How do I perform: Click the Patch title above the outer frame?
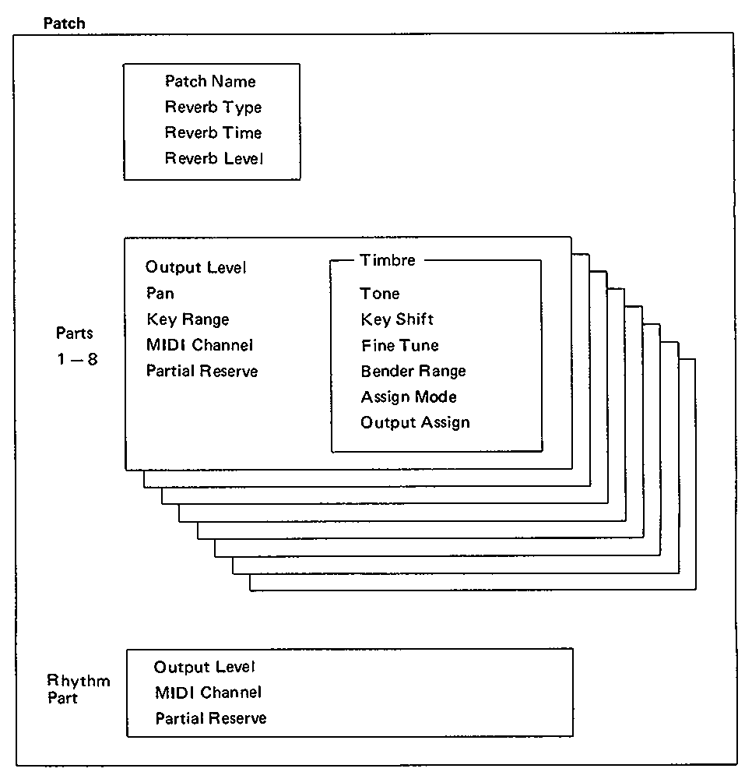64,23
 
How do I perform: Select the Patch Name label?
210,81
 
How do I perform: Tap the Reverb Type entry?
213,108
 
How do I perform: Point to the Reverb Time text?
213,132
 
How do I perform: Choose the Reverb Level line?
214,158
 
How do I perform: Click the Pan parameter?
160,293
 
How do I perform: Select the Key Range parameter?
188,319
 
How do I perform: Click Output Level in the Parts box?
195,267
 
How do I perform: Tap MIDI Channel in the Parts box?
199,345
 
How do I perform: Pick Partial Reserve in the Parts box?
202,371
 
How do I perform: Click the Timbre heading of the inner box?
388,260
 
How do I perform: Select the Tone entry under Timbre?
380,294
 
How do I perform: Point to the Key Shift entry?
397,319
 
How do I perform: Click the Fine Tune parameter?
400,345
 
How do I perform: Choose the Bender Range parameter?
413,371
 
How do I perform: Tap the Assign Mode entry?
409,397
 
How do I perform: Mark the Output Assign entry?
415,423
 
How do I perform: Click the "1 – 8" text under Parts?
77,358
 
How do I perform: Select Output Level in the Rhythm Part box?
204,667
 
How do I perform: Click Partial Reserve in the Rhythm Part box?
211,718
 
